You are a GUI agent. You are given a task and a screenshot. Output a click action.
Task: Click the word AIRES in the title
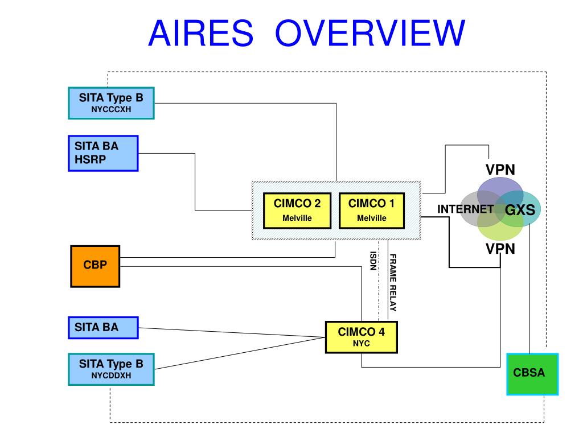[x=200, y=33]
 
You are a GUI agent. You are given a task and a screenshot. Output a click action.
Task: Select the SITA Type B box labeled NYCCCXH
[x=111, y=102]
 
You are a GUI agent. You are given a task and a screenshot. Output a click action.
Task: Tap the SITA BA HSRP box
[x=102, y=153]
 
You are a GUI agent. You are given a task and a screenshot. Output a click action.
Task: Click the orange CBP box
[x=95, y=265]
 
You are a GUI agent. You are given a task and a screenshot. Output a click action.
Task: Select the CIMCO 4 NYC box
[x=361, y=337]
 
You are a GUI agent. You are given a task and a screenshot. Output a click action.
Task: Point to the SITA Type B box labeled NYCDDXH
[x=111, y=369]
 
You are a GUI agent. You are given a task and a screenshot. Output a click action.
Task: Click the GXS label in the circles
[x=520, y=210]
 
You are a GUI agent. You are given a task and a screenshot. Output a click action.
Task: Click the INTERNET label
[x=465, y=209]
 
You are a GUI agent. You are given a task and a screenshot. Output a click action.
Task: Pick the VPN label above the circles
[x=500, y=170]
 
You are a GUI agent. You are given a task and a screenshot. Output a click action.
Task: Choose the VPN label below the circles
[x=500, y=249]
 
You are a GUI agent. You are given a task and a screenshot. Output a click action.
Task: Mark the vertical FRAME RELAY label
[x=393, y=282]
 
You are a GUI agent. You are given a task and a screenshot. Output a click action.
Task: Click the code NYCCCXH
[x=111, y=109]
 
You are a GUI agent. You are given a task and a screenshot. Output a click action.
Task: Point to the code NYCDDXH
[x=111, y=375]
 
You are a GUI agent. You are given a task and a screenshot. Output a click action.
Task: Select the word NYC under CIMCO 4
[x=361, y=344]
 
